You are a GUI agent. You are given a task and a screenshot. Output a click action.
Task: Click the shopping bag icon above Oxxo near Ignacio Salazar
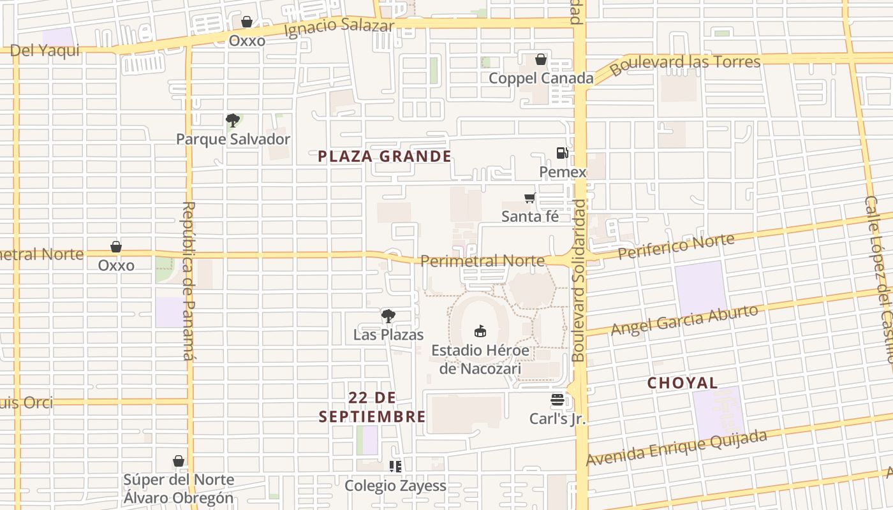point(247,22)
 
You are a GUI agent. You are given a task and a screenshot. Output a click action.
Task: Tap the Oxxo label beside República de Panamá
point(116,265)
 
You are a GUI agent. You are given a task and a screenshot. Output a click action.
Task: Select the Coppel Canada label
point(541,78)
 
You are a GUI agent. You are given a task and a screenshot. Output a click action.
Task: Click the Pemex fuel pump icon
point(562,153)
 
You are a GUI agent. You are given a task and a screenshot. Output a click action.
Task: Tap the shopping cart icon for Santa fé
point(529,198)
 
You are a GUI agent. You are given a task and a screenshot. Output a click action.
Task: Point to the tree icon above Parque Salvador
point(233,120)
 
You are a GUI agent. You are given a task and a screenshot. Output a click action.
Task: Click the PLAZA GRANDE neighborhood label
point(385,156)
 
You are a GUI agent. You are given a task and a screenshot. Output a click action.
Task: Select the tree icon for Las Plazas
point(388,316)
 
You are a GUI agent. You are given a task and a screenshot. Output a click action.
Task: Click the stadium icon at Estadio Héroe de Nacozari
point(480,331)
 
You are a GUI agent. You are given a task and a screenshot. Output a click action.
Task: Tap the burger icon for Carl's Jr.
point(557,400)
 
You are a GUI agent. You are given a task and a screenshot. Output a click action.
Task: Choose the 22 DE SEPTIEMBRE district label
point(373,407)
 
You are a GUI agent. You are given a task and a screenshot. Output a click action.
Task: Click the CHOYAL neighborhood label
point(683,383)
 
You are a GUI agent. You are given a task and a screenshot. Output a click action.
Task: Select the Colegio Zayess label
point(395,486)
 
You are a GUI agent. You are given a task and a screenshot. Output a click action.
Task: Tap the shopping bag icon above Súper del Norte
point(179,461)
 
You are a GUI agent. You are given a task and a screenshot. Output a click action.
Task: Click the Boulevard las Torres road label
point(685,64)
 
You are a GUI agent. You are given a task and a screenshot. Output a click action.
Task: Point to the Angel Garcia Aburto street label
point(684,320)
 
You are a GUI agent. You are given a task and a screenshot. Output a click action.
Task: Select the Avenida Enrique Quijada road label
point(676,448)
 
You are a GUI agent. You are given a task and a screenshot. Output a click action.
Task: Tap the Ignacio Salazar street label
point(339,28)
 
